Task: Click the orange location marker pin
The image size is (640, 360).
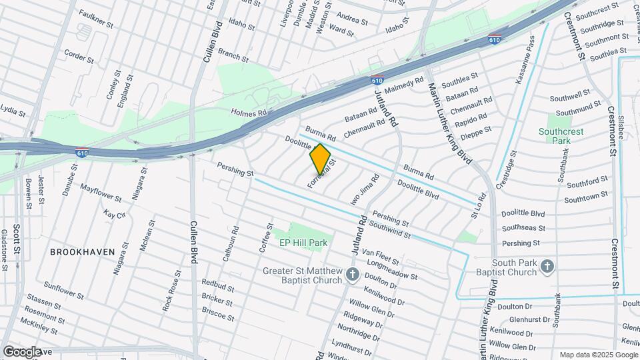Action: [321, 158]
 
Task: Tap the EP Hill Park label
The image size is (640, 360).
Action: [303, 243]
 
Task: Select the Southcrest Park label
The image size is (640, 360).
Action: [561, 136]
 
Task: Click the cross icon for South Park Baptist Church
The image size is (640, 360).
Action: [547, 267]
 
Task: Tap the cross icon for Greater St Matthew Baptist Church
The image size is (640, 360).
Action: [353, 275]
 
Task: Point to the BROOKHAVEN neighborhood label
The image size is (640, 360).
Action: [81, 252]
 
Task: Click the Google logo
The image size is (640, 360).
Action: [22, 351]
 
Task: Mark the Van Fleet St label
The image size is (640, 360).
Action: [380, 257]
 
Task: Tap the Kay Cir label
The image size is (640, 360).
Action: [115, 215]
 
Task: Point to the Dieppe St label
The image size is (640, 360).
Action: [477, 129]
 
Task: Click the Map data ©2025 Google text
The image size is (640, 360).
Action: [597, 355]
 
